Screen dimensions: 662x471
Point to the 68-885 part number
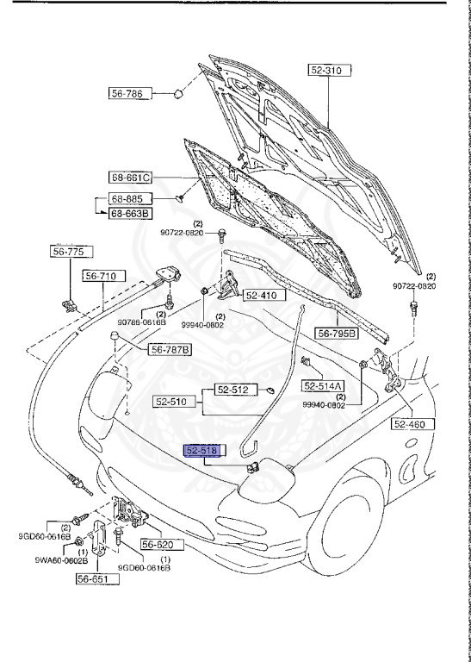tap(126, 198)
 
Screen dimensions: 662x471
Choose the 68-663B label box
tap(129, 213)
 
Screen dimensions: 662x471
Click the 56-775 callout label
tap(66, 253)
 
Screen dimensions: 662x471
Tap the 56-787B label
tap(170, 349)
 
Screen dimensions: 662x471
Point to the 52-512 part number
tap(232, 390)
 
